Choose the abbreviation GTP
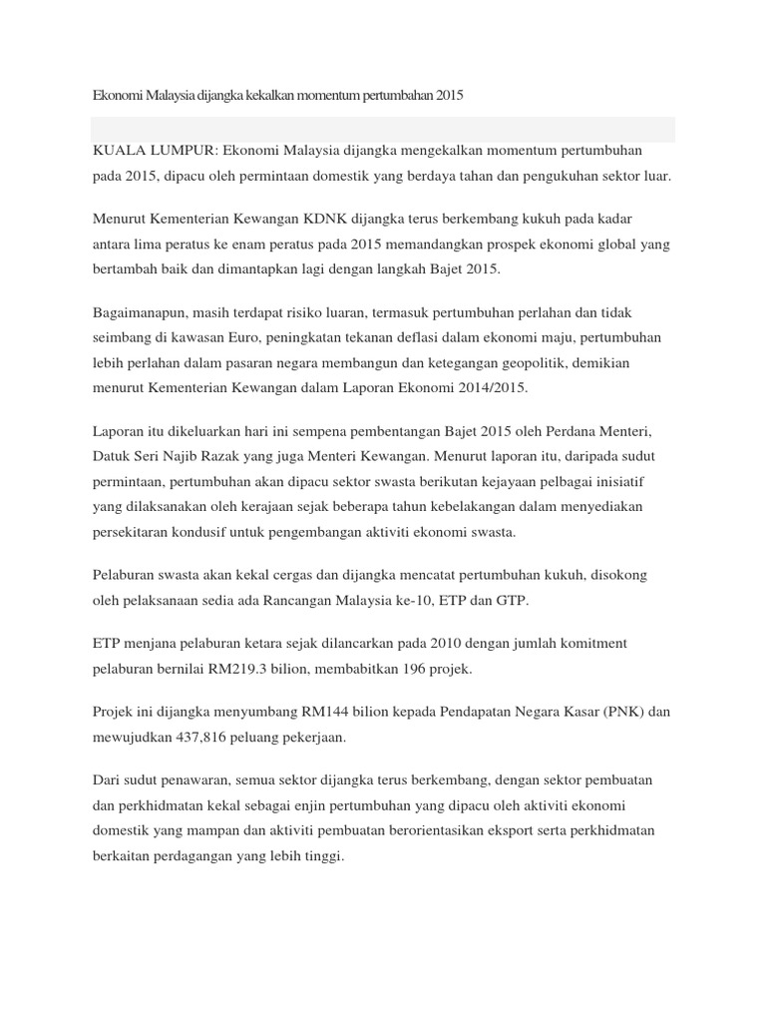pos(516,601)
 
